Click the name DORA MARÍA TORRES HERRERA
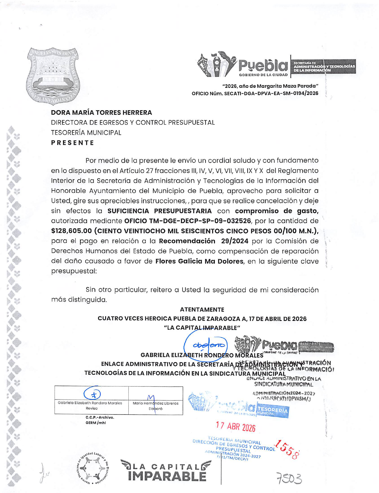click(101, 113)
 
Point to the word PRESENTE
click(73, 143)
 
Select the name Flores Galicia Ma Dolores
click(199, 261)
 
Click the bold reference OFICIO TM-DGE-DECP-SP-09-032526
click(187, 221)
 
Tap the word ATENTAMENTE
click(202, 309)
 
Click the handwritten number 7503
click(289, 479)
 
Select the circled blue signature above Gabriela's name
click(206, 345)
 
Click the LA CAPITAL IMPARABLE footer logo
click(166, 471)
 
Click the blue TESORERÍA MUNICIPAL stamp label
click(272, 411)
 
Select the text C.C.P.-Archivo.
click(100, 417)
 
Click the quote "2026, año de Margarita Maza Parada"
click(270, 86)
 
